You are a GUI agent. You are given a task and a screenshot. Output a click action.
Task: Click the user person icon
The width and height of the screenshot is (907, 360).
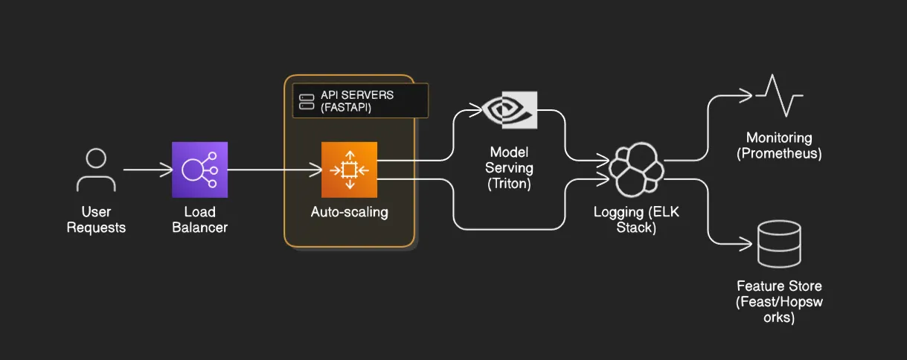coord(96,170)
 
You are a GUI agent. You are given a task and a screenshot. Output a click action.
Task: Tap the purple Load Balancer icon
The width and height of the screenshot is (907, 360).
coord(199,170)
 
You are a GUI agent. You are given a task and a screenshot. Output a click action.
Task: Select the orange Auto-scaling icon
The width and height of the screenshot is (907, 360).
coord(350,170)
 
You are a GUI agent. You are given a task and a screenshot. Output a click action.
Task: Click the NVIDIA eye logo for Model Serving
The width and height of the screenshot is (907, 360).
coord(510,110)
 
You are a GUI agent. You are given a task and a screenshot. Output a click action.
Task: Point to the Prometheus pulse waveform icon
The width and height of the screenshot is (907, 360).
coord(779,95)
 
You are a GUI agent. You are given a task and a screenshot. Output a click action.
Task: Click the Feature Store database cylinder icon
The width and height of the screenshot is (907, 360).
coord(779,244)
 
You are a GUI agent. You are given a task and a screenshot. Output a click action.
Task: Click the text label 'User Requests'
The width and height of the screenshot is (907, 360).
coord(96,220)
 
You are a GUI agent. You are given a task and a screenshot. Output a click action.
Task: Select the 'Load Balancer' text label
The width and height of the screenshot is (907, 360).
coord(199,220)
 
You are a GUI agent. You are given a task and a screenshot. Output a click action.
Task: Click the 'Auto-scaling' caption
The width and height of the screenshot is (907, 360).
coord(350,212)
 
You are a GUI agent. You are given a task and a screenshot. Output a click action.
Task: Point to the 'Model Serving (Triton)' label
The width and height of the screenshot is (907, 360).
coord(510,168)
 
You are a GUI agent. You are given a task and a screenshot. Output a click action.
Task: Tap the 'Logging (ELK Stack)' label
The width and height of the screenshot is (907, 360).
coord(636,220)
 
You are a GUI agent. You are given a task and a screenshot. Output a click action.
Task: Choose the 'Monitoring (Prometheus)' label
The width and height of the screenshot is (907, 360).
coord(779,146)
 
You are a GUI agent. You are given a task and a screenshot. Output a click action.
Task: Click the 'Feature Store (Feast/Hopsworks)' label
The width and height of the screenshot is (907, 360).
coord(779,302)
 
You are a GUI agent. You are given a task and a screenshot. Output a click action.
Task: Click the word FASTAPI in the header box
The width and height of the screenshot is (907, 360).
coord(346,108)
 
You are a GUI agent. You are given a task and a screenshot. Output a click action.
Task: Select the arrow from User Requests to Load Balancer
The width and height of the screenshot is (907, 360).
coord(147,170)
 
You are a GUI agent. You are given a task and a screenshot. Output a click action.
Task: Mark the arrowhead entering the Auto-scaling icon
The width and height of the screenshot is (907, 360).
coord(316,170)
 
